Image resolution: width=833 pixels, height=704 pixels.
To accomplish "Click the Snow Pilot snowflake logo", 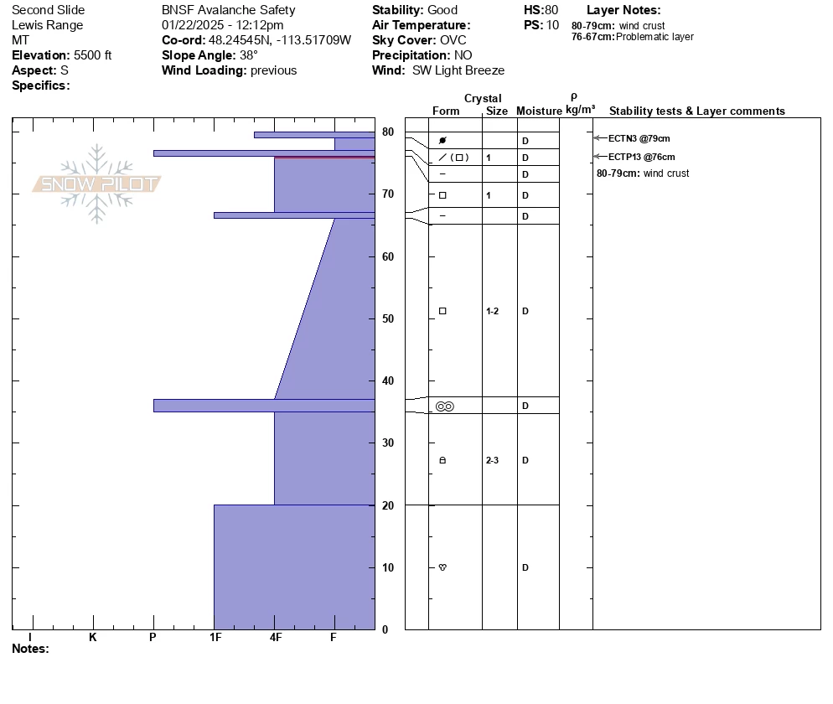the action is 96,184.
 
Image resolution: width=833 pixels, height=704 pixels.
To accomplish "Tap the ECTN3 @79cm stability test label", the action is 639,138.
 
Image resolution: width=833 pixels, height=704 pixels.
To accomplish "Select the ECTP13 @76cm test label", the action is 642,158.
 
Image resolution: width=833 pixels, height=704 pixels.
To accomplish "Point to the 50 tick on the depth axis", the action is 388,318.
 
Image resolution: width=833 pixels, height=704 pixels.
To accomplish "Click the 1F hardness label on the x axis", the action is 215,637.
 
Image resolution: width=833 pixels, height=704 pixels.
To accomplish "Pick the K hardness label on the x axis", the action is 93,637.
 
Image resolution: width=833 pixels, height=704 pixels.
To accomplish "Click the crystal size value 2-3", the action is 492,460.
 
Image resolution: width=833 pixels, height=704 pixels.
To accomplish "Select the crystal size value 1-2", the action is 492,311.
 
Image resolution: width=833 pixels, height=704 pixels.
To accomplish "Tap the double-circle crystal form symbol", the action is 445,406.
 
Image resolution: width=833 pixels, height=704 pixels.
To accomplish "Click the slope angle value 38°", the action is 249,55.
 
